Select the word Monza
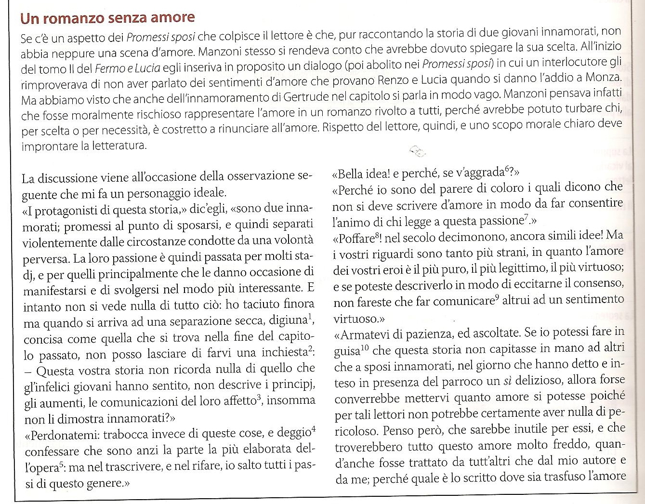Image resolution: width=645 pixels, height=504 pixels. click(x=604, y=77)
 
